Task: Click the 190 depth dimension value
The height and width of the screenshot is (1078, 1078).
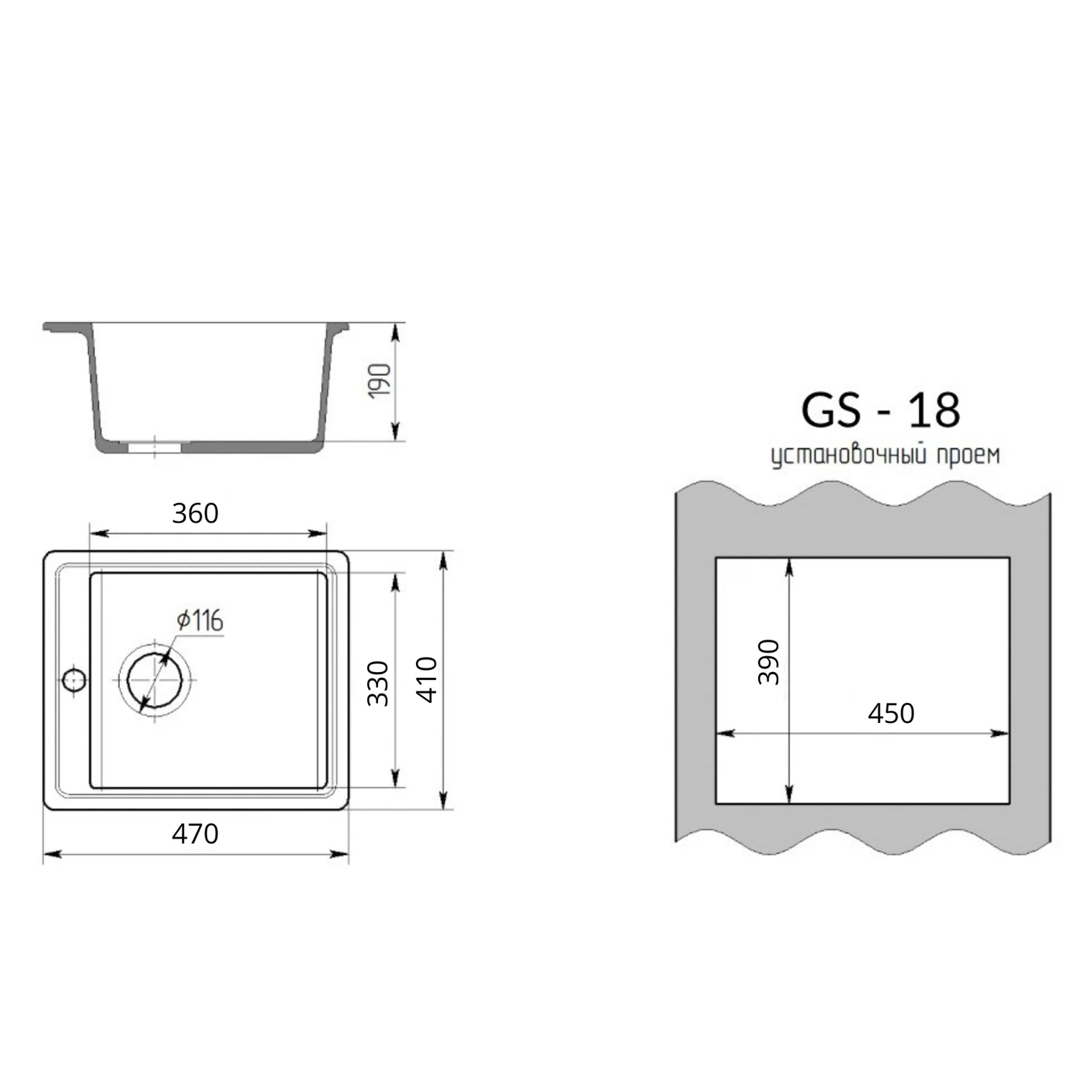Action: click(379, 381)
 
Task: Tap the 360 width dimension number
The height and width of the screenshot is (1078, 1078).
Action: click(195, 513)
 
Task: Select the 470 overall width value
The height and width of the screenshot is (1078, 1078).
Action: click(195, 834)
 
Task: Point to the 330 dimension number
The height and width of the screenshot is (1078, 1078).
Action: click(378, 683)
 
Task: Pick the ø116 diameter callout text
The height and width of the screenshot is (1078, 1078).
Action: click(201, 619)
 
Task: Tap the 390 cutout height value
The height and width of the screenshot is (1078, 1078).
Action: click(769, 661)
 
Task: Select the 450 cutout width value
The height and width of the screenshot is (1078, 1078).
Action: click(891, 713)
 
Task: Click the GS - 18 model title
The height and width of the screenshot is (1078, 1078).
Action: click(880, 410)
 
